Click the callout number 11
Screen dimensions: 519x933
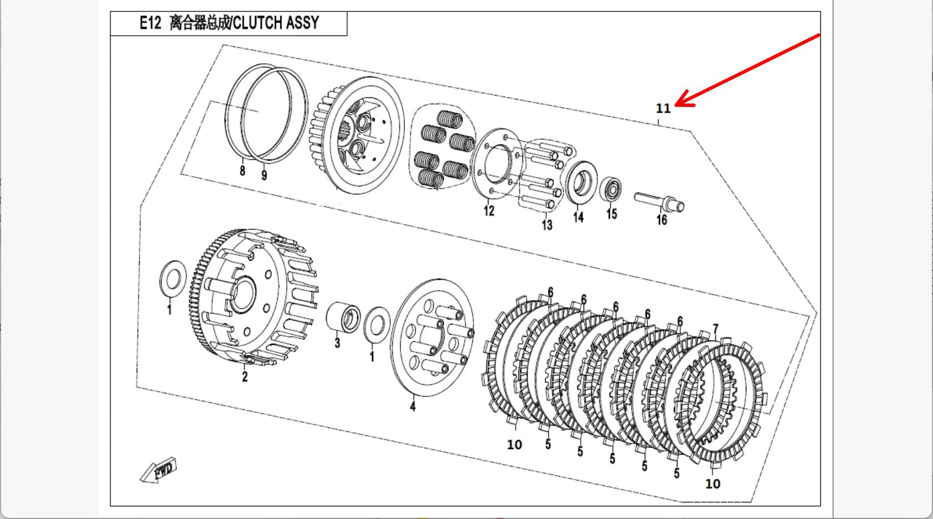663,108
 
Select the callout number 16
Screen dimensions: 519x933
662,220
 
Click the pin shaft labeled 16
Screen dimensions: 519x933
659,201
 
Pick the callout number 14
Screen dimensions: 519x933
578,217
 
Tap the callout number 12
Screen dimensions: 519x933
489,211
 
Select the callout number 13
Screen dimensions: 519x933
547,225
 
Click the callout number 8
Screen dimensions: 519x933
243,170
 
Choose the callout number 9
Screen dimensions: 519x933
264,175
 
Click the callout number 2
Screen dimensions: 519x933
245,377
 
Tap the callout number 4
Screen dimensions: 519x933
413,406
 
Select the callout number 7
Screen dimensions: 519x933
716,329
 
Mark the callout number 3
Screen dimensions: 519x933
337,343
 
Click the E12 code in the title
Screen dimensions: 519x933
150,23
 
